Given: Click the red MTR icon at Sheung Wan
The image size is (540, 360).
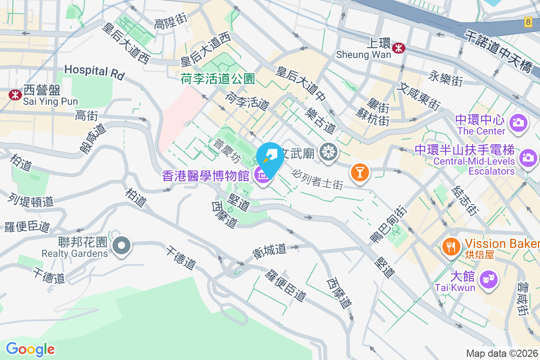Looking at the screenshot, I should tap(398, 48).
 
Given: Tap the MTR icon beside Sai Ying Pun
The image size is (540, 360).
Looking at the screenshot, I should tap(15, 94).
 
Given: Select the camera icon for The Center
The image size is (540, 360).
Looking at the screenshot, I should tap(518, 122).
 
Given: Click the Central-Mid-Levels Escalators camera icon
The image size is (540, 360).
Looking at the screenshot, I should tap(527, 157).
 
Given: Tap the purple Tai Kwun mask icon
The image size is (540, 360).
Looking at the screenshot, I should tap(489, 280).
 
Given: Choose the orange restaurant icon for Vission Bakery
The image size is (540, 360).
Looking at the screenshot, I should tap(450, 246).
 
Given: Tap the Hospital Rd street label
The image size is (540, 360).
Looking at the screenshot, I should tap(94, 72).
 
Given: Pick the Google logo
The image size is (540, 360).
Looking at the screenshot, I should tap(30, 349).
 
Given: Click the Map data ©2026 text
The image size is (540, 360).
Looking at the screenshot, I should tap(502, 353).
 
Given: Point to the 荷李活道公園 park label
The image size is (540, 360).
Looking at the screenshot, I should tap(218, 79).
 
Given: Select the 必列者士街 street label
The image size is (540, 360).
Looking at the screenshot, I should tap(317, 179).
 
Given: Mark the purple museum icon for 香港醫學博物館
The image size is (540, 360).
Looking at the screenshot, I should tap(262, 175).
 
